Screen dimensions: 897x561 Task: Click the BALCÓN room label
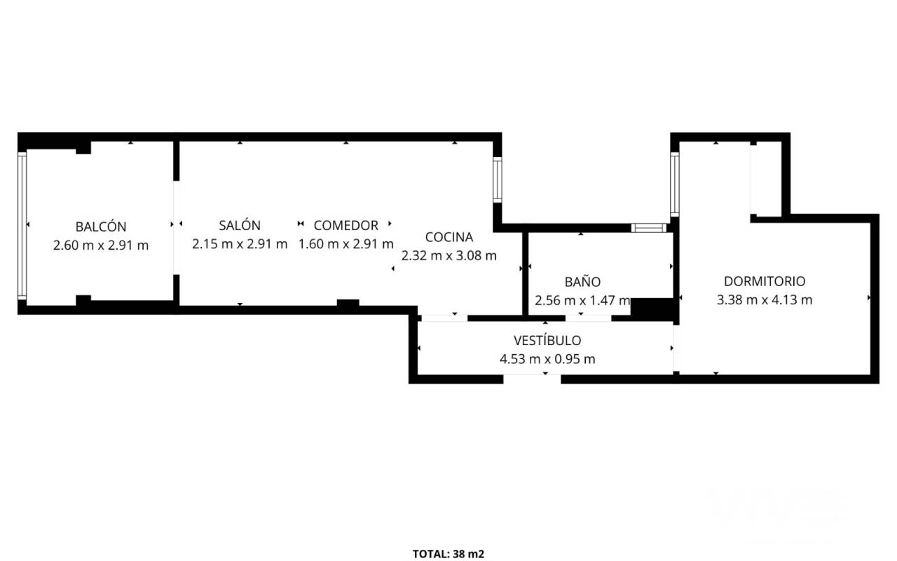pos(101,227)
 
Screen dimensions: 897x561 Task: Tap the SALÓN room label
pos(240,225)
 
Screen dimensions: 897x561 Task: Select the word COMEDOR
pos(346,225)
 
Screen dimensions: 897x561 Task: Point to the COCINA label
pos(449,237)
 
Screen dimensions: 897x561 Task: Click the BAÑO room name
pos(582,281)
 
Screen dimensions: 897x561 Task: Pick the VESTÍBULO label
pos(547,340)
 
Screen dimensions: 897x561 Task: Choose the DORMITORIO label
pos(765,281)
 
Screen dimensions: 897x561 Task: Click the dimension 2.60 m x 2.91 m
pos(101,245)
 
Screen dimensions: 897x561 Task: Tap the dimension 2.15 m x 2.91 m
pos(240,243)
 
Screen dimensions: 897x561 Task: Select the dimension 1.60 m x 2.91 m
pos(346,243)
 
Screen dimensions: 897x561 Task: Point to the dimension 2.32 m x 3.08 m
pos(449,255)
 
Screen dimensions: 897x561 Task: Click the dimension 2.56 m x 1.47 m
pos(582,300)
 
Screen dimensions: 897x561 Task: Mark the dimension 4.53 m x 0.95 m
pos(547,358)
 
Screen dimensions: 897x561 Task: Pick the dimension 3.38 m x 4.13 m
pos(765,299)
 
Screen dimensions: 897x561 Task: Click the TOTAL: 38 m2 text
pos(448,554)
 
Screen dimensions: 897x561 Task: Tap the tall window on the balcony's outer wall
pos(22,226)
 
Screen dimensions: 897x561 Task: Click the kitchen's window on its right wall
pos(498,180)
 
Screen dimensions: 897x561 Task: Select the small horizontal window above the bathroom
pos(649,228)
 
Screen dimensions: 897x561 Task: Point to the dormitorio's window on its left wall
pos(675,184)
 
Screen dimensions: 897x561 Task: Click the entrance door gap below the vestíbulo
pos(532,379)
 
